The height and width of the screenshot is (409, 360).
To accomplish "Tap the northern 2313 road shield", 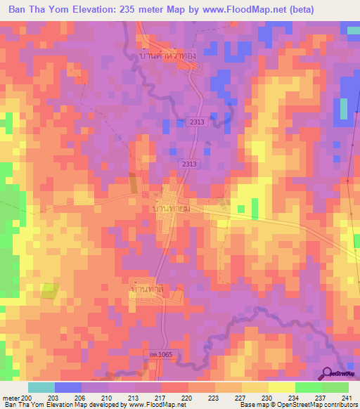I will tap(197, 122).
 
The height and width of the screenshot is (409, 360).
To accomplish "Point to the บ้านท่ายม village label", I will tap(171, 209).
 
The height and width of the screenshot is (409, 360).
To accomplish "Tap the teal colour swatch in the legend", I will tap(41, 387).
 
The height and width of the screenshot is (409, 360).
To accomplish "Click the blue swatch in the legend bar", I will tap(68, 387).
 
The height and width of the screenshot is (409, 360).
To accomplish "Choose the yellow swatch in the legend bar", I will tap(281, 387).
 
